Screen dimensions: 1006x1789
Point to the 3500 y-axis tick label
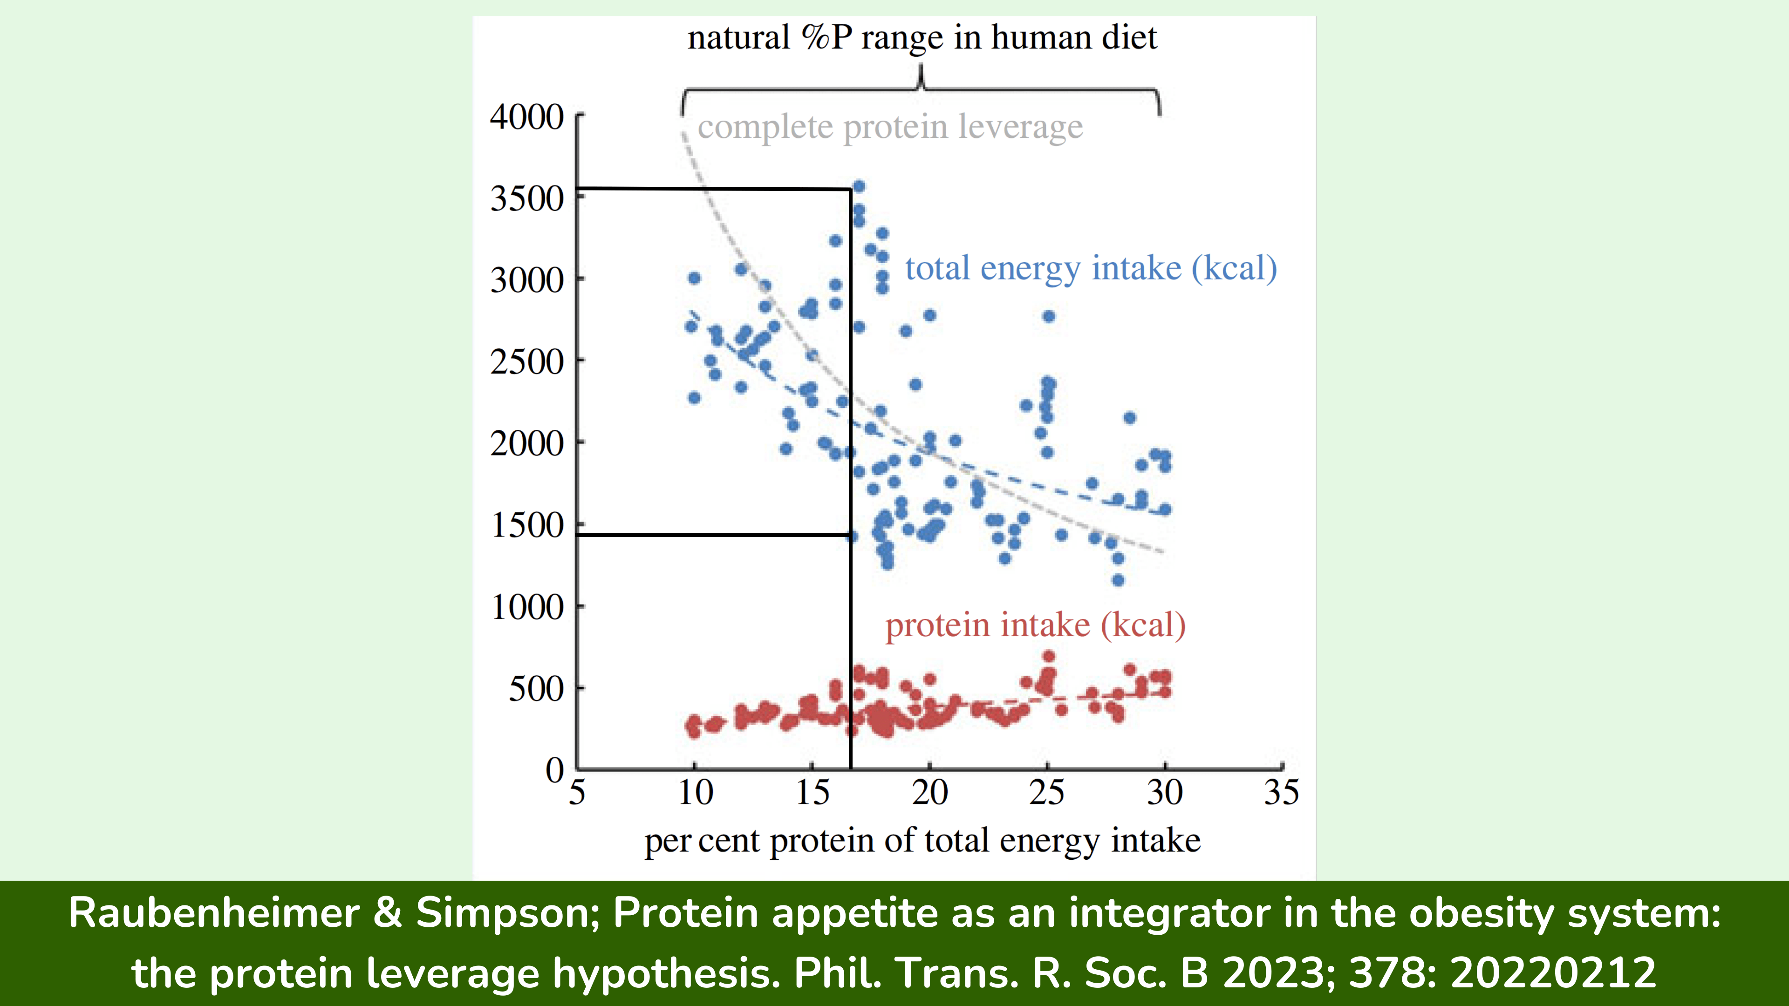[526, 198]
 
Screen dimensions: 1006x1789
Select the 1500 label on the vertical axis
[527, 525]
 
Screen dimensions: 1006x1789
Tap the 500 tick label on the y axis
[536, 689]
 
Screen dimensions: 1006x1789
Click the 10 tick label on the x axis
[695, 792]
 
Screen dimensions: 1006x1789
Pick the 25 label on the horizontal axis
[1046, 792]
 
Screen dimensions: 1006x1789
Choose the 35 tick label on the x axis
[1281, 792]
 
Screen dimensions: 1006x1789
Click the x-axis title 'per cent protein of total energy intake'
[922, 840]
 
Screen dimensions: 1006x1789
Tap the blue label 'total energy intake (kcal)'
[1090, 268]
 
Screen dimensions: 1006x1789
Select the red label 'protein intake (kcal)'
[1035, 625]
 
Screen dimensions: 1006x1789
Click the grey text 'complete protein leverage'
[890, 127]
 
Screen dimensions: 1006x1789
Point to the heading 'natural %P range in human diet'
[922, 37]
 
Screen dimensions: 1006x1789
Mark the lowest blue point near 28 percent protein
[1118, 580]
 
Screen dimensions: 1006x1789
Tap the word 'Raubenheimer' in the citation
[213, 912]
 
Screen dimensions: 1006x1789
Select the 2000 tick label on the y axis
[526, 444]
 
